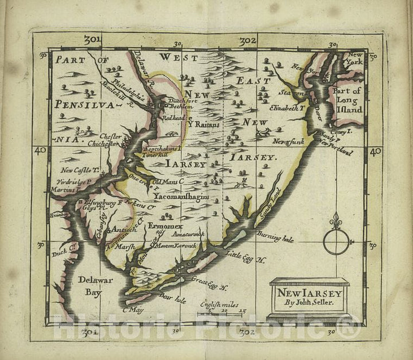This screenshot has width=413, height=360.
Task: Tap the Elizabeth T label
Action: click(x=285, y=107)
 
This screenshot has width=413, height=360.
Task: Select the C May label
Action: click(x=133, y=310)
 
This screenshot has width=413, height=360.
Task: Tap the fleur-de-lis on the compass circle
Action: click(x=336, y=221)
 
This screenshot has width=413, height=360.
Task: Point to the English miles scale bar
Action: click(x=221, y=313)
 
